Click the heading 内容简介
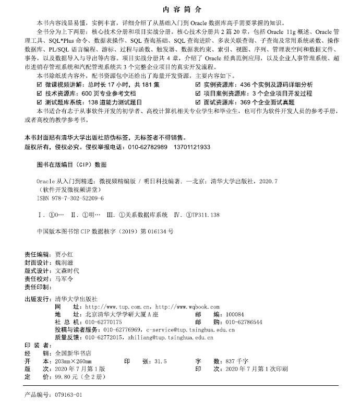[180, 9]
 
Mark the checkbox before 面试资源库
[197, 102]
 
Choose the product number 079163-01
[68, 395]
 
